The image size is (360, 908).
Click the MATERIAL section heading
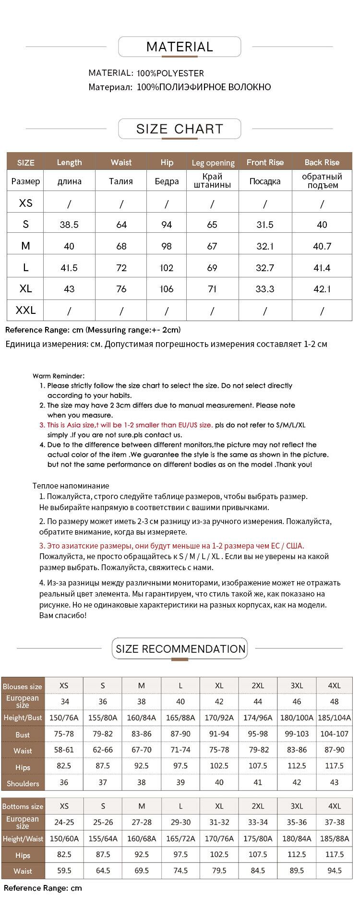tap(180, 47)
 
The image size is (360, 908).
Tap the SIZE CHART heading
tap(180, 129)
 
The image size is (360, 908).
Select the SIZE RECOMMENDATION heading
tap(180, 649)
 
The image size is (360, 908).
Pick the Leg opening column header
tap(213, 163)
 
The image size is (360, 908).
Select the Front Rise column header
tap(265, 162)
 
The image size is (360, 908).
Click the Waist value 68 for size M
tap(121, 246)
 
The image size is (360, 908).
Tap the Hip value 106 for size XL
tap(167, 289)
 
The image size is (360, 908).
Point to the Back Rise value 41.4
tap(322, 268)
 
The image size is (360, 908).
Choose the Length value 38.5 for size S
tap(69, 225)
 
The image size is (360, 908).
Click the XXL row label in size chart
tap(25, 311)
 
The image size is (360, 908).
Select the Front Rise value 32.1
tap(265, 246)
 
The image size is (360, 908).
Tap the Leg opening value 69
tap(212, 268)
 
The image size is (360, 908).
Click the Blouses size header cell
tap(23, 686)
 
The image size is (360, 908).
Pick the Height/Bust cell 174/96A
tap(258, 717)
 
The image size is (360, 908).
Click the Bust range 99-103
tap(297, 734)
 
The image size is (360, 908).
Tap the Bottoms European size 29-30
tap(180, 822)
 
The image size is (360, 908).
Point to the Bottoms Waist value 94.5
tap(335, 871)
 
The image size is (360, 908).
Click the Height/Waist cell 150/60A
tap(64, 838)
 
